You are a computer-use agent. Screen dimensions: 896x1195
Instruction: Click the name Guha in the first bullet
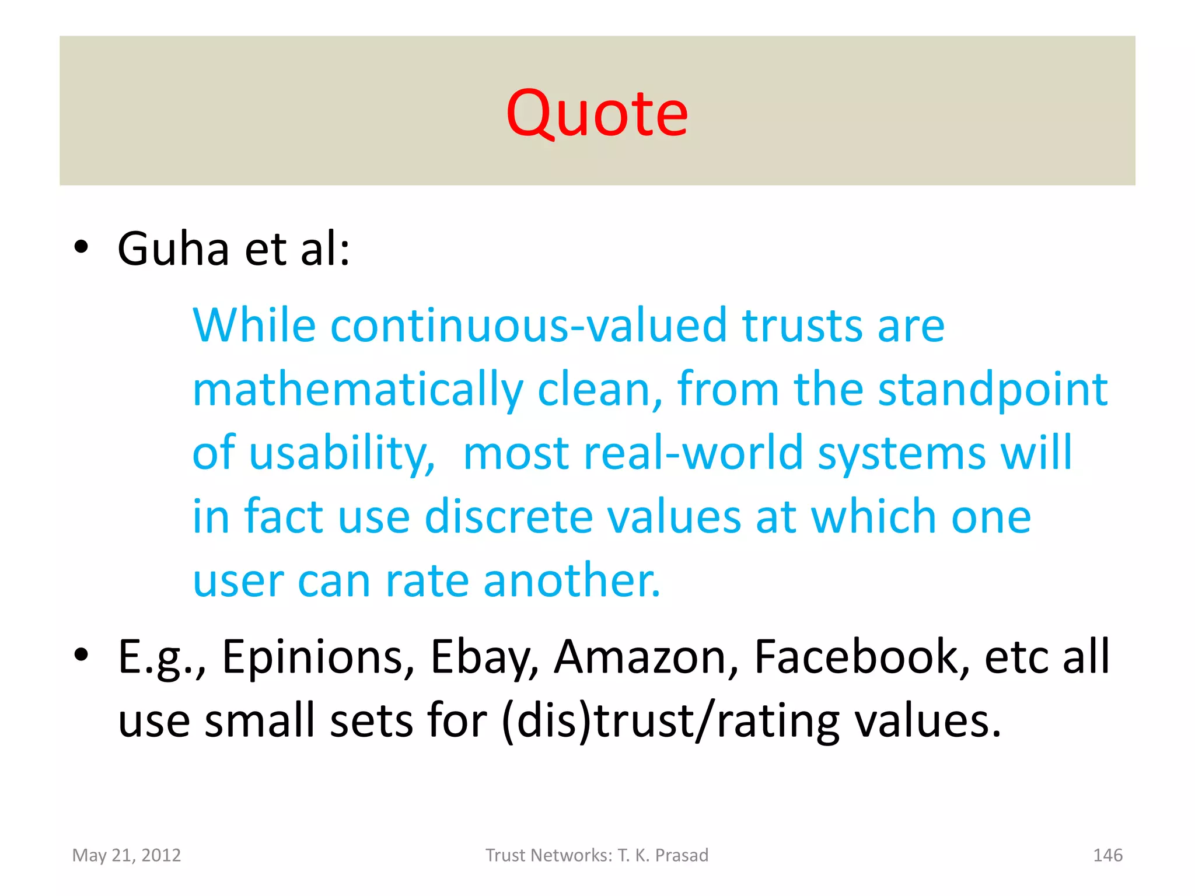[x=173, y=249]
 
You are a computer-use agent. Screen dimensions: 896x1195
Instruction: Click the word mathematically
[x=358, y=390]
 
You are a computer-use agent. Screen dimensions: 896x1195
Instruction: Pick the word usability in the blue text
[x=342, y=453]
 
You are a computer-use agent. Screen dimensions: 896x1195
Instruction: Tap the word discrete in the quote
[x=508, y=517]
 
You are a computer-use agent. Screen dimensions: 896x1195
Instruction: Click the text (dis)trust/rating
[x=670, y=721]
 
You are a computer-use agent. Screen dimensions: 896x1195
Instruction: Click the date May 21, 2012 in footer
[x=127, y=855]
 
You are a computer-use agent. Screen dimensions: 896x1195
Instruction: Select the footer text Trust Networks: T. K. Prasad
[x=597, y=855]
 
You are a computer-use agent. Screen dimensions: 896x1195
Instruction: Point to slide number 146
[x=1107, y=855]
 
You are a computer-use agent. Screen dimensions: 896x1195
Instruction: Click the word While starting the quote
[x=254, y=325]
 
